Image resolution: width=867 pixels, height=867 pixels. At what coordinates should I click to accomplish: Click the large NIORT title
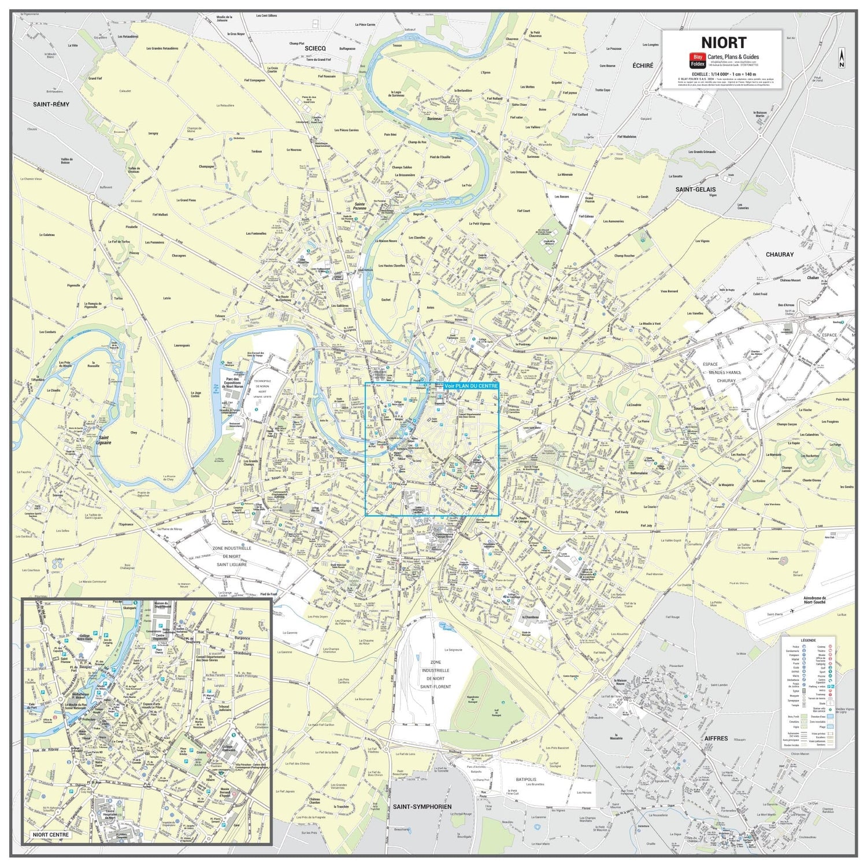click(x=724, y=42)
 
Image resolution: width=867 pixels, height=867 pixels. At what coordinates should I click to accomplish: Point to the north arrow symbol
click(x=842, y=58)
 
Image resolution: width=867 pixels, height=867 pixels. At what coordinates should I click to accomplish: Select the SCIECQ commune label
click(x=316, y=49)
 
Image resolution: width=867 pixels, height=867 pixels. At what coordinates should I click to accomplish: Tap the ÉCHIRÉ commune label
click(x=642, y=66)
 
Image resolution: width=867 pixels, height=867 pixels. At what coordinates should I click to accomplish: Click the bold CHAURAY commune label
click(x=780, y=254)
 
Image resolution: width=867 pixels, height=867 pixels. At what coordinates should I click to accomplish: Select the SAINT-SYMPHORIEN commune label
click(x=421, y=806)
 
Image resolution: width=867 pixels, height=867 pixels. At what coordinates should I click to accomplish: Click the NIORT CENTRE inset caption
click(x=51, y=835)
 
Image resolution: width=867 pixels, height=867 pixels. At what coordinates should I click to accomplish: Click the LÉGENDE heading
click(x=808, y=640)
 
